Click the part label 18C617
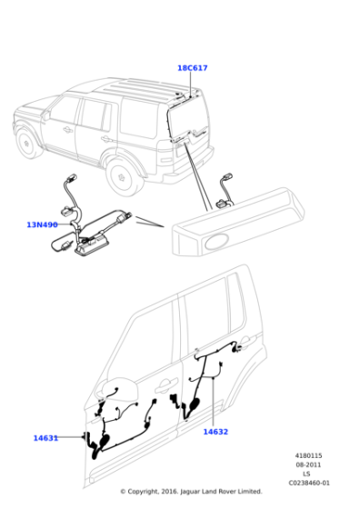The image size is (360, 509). (x=192, y=68)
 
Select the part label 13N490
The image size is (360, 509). (x=42, y=225)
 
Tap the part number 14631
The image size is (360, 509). (x=45, y=438)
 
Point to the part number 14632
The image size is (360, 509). (x=215, y=432)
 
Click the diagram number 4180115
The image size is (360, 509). (x=308, y=455)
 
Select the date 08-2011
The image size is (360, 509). (x=308, y=464)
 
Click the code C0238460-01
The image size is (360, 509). (x=309, y=483)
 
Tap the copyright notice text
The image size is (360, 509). (x=191, y=492)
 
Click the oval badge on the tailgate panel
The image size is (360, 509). (x=217, y=242)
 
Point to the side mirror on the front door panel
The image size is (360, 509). (x=117, y=389)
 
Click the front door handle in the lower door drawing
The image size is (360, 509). (x=166, y=384)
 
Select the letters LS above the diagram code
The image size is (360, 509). (x=306, y=474)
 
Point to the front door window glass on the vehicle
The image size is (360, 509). (x=64, y=111)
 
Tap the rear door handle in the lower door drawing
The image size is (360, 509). (x=247, y=341)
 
